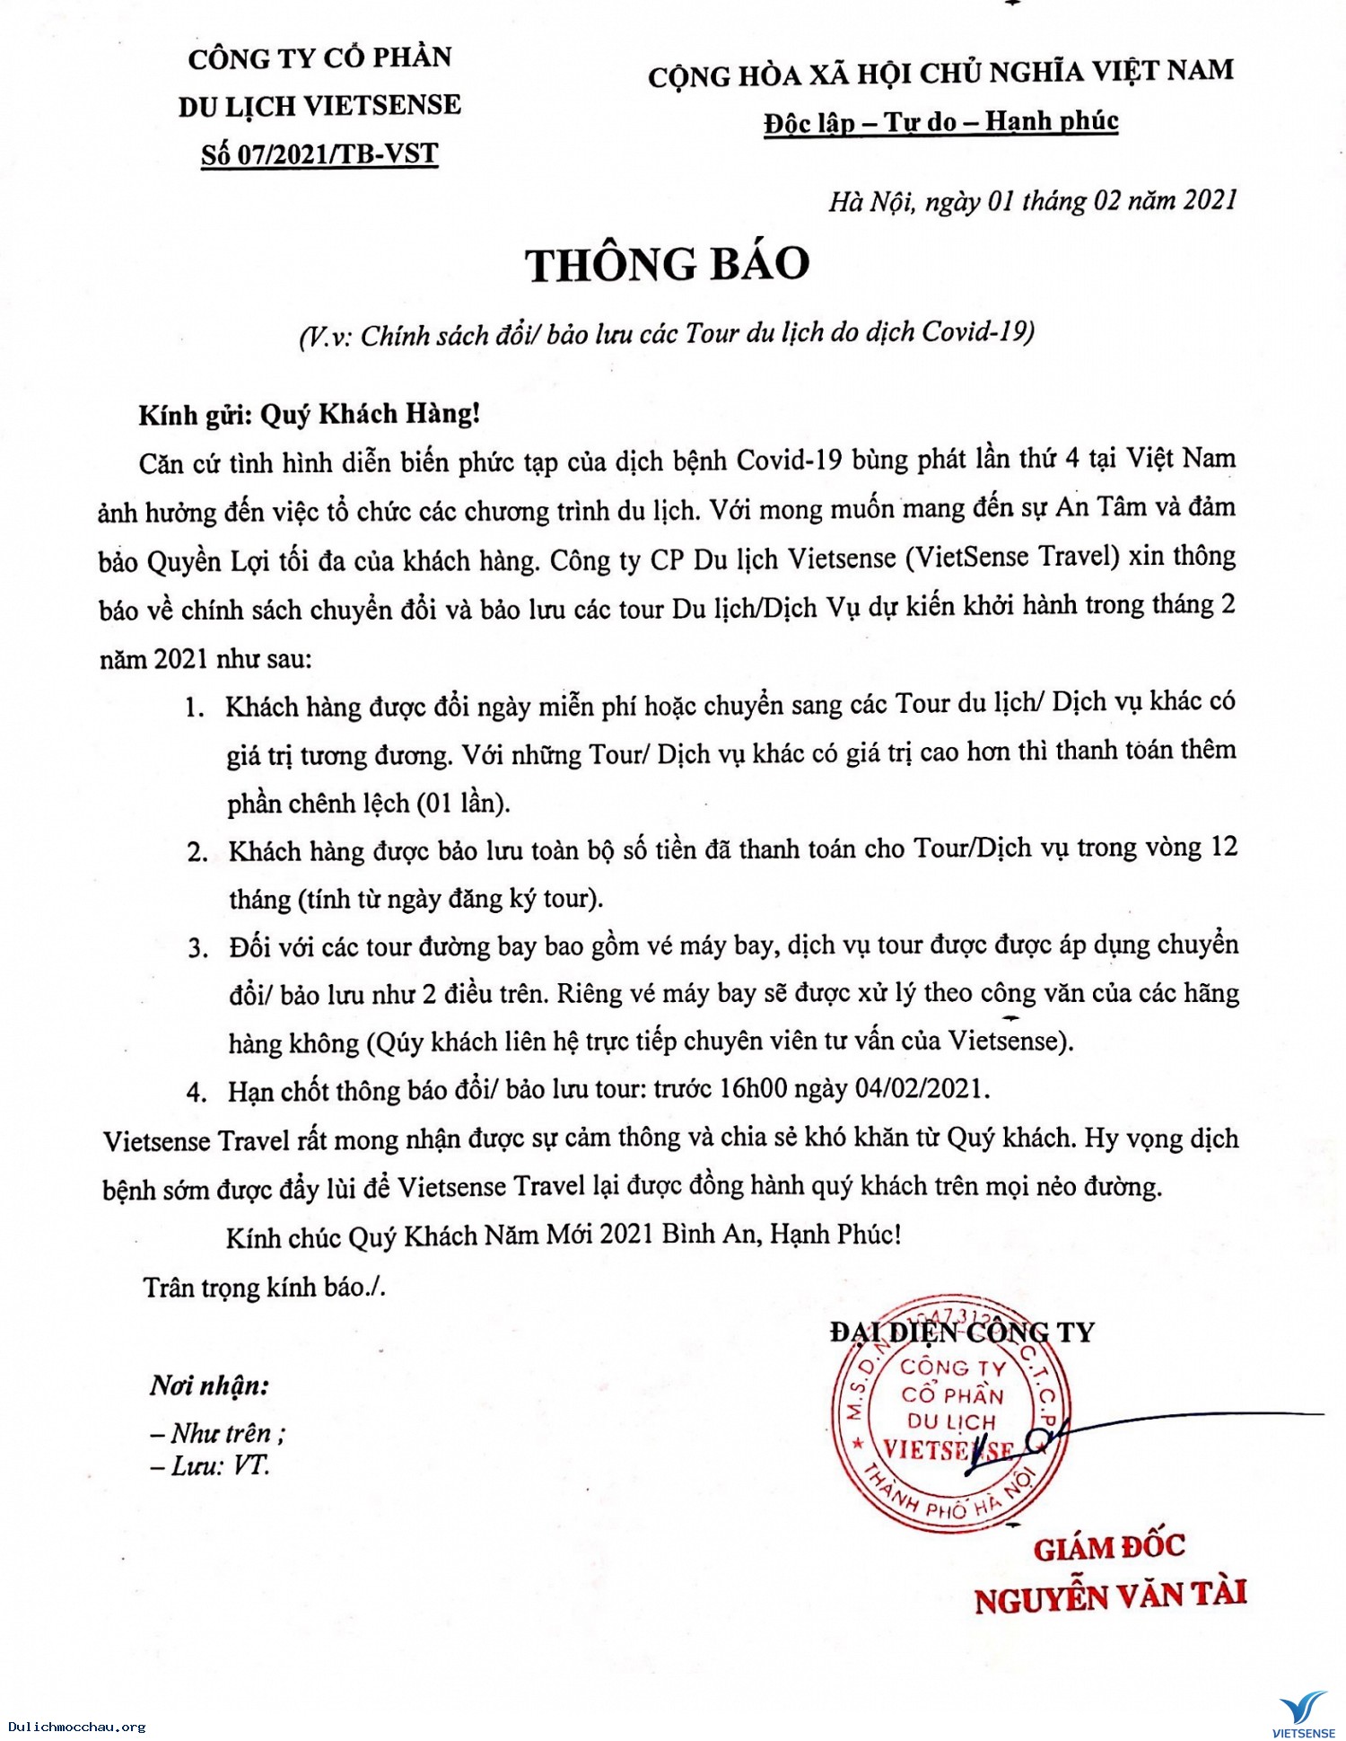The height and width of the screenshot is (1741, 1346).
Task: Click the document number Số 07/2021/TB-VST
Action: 319,154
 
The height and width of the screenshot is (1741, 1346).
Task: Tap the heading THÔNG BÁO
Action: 668,265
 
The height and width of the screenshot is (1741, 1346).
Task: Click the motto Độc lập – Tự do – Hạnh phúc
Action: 940,121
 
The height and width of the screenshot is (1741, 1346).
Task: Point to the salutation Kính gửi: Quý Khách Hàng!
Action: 310,414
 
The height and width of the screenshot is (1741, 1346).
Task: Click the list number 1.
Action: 195,708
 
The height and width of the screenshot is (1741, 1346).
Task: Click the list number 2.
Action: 197,851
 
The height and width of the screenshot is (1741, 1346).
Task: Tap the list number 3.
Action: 197,948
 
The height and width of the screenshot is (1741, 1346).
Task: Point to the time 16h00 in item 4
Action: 753,1089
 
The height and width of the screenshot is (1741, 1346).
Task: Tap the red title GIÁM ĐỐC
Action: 1109,1548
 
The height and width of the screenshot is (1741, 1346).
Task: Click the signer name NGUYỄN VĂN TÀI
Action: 1110,1597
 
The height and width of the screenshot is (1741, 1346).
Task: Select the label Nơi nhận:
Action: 209,1386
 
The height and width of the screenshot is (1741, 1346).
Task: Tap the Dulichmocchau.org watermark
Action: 75,1727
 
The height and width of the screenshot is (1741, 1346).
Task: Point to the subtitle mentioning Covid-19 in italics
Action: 667,334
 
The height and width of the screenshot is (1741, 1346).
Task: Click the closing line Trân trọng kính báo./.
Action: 265,1287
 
